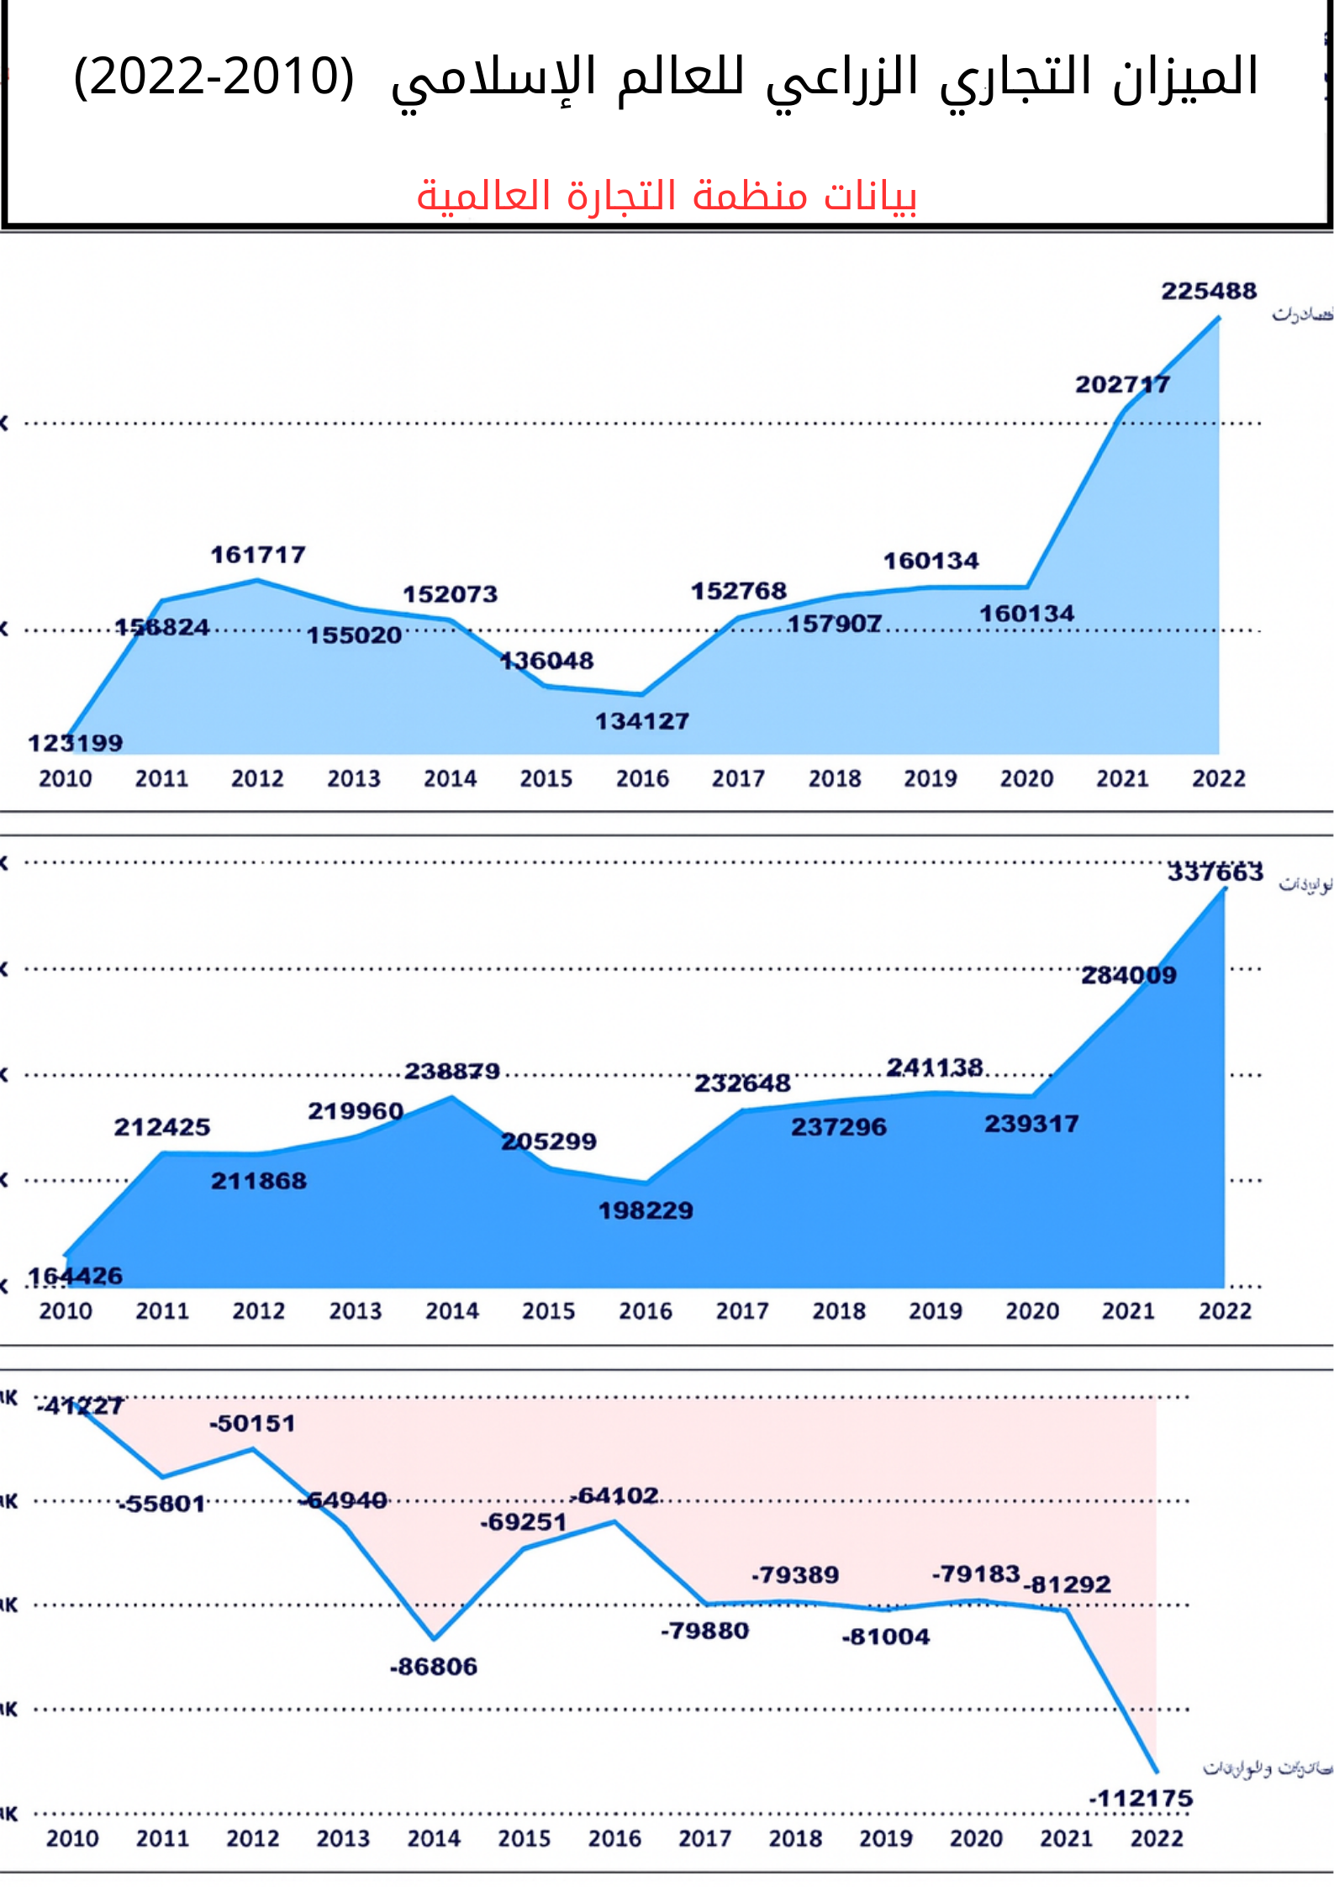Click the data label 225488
(x=1209, y=291)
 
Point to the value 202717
(x=1122, y=384)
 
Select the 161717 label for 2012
(x=258, y=555)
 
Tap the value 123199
(x=75, y=743)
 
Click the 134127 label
(x=642, y=721)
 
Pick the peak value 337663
(x=1215, y=872)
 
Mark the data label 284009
(x=1129, y=975)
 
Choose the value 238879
(x=452, y=1071)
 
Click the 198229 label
(x=646, y=1210)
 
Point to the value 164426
(x=75, y=1276)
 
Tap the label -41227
(x=80, y=1405)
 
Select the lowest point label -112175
(x=1141, y=1799)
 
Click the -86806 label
(x=433, y=1666)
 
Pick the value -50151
(x=252, y=1423)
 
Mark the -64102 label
(x=614, y=1495)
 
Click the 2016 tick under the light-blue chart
(x=642, y=778)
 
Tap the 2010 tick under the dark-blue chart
(x=66, y=1310)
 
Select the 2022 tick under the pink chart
(x=1157, y=1838)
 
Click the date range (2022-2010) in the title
(x=214, y=76)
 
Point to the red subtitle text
(x=667, y=195)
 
